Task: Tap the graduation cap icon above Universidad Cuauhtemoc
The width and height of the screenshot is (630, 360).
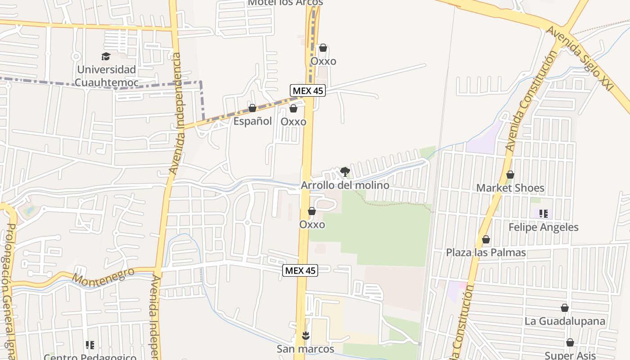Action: (x=106, y=57)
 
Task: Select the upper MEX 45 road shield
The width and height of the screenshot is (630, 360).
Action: (x=307, y=90)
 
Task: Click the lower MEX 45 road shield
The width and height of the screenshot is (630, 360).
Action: (x=300, y=270)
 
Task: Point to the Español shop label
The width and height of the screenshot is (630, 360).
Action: (x=252, y=121)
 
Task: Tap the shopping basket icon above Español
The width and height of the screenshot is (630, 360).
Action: (x=252, y=108)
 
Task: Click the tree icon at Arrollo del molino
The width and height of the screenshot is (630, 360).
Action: (x=345, y=171)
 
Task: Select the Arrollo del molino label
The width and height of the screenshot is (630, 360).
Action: (x=345, y=185)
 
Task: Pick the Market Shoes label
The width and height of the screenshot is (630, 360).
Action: (x=510, y=188)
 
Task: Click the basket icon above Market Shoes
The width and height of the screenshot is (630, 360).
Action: (x=510, y=175)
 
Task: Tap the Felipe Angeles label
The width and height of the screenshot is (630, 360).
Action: (x=544, y=227)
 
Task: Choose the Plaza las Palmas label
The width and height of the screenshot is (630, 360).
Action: (x=486, y=252)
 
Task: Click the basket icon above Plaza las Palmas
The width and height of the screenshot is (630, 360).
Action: (x=486, y=239)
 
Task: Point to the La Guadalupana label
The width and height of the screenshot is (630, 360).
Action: (x=565, y=321)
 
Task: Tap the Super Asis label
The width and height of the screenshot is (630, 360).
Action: (x=570, y=355)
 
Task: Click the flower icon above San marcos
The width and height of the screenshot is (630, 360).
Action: (x=306, y=335)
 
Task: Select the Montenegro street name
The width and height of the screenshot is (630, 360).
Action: (x=103, y=277)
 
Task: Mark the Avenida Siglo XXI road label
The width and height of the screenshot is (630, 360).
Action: (x=580, y=58)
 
